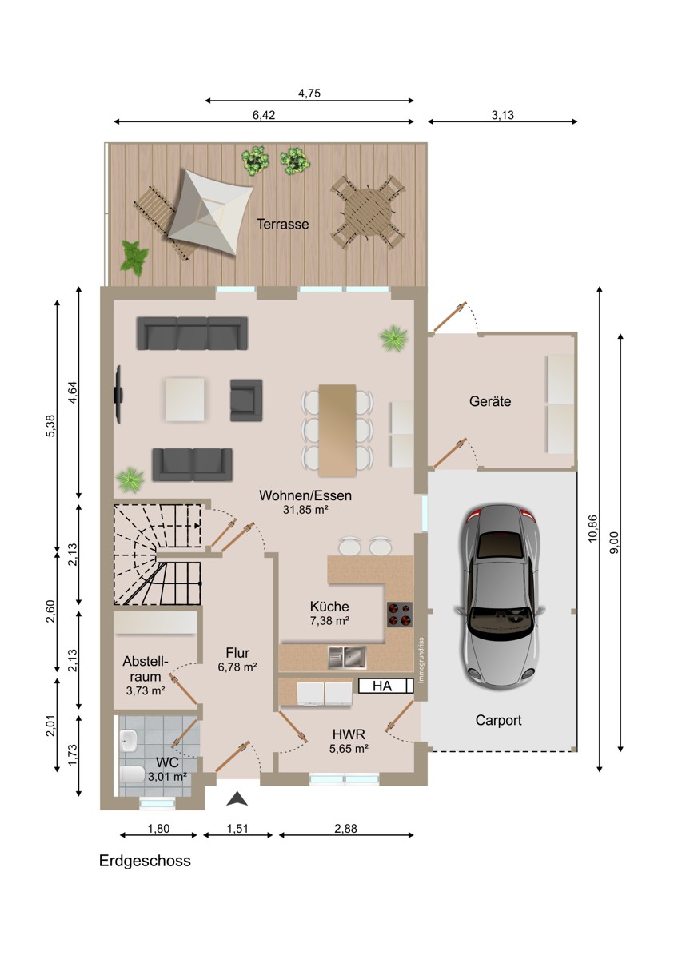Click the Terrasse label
point(283,224)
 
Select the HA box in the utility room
point(385,686)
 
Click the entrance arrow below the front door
point(237,798)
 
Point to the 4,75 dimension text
point(309,93)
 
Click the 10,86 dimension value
point(592,528)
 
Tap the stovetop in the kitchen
point(400,615)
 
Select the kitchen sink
point(347,657)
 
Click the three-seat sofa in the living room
point(193,333)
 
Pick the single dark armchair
point(246,400)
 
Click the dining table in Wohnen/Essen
point(337,430)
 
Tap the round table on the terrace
point(369,213)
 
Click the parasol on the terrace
point(209,213)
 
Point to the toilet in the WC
point(133,774)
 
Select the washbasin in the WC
point(129,741)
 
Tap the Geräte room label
point(490,401)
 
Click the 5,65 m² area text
point(349,749)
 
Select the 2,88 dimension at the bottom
point(345,829)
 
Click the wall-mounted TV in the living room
point(118,394)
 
